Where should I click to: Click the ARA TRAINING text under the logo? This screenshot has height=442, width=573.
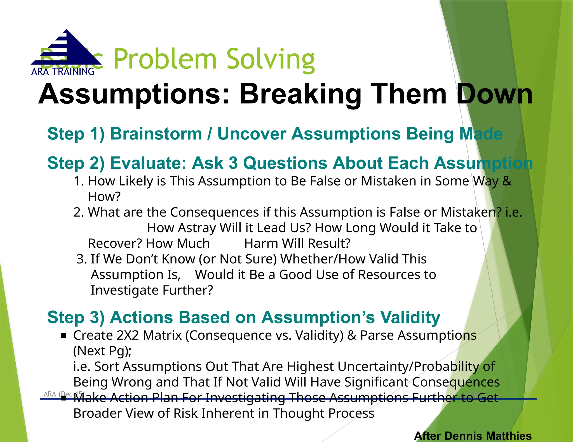(x=63, y=72)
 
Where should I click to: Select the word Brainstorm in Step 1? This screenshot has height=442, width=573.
(x=156, y=134)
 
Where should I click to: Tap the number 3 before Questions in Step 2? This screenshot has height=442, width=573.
(x=233, y=163)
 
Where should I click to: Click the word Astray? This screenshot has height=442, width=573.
(x=197, y=228)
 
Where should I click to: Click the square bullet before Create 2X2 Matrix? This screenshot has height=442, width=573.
(x=64, y=336)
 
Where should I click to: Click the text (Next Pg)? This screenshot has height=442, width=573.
(x=102, y=351)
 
